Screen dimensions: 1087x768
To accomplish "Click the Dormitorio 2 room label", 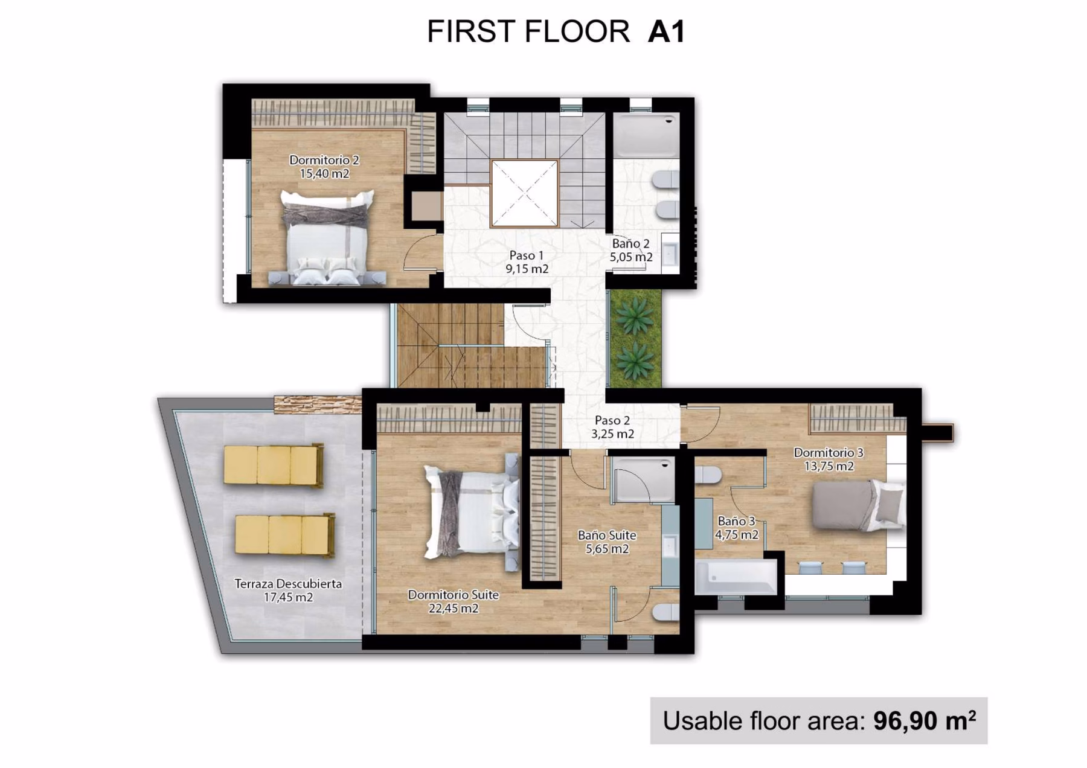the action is (x=324, y=160).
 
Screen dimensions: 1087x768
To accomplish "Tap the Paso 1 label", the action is (x=526, y=255).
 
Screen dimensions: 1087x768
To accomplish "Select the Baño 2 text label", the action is (x=630, y=243).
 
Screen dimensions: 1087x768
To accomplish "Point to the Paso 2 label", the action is (x=612, y=420).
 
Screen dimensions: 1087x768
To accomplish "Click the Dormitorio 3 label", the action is (x=828, y=452).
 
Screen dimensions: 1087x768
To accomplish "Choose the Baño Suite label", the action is (x=607, y=535).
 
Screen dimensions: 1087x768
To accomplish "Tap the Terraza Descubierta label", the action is (x=288, y=584).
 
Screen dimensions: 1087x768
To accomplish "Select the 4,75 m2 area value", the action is (x=737, y=534).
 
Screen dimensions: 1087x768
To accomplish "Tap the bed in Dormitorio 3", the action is (x=858, y=505).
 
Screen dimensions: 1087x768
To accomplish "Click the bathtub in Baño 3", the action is (x=736, y=577).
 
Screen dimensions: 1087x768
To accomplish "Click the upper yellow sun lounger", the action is (x=274, y=464).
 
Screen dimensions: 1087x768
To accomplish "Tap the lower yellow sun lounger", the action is (x=284, y=535).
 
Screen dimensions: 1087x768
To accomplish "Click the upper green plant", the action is (x=635, y=316).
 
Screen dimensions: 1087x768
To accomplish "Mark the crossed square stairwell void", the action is (x=524, y=193).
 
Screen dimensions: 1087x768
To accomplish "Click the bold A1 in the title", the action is (x=666, y=32).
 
